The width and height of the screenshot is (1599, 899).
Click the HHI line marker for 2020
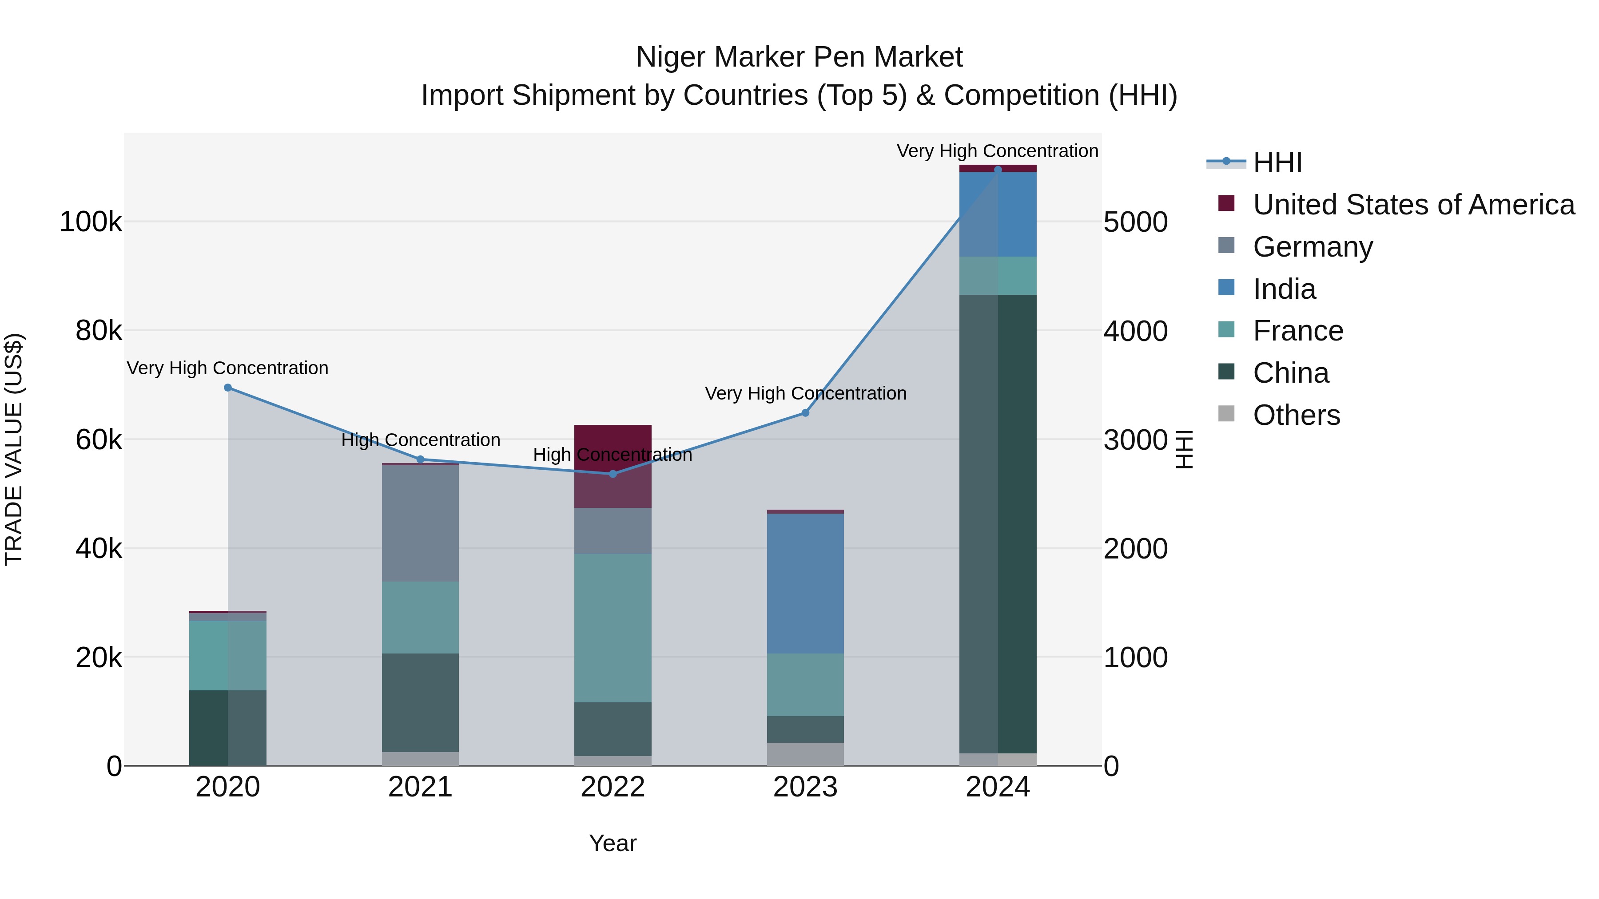pos(228,388)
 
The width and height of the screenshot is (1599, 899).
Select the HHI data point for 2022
pos(613,474)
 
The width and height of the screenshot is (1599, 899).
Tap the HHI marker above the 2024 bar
pos(998,170)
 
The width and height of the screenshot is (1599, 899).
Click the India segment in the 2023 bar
pos(805,583)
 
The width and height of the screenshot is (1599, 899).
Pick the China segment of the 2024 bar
pos(998,524)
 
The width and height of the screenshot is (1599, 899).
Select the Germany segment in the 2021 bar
pos(420,523)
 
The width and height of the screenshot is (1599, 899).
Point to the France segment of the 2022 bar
pos(613,628)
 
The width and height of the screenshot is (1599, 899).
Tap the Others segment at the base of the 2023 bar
pos(805,754)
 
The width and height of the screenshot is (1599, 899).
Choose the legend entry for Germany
pos(1312,247)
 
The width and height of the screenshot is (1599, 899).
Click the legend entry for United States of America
pos(1413,205)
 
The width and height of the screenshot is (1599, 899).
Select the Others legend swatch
pos(1226,414)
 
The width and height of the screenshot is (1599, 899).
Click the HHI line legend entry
pos(1254,162)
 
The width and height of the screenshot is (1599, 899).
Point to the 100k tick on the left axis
pos(91,222)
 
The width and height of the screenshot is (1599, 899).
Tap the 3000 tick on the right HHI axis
pos(1135,440)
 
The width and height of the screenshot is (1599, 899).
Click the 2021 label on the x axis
pos(420,787)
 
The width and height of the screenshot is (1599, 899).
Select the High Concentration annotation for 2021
pos(420,440)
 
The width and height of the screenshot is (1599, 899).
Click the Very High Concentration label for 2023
pos(805,393)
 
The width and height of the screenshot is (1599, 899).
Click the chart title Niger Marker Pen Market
pos(799,57)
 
